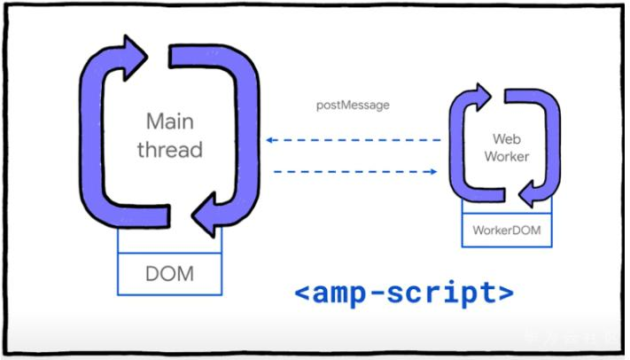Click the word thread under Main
tap(169, 149)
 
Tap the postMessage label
tap(353, 106)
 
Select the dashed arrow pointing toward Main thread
tap(354, 140)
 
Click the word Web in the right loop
tap(504, 139)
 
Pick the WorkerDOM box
tap(506, 231)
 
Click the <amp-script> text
tap(403, 291)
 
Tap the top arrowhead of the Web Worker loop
tap(482, 92)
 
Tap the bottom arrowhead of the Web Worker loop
tap(529, 193)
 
